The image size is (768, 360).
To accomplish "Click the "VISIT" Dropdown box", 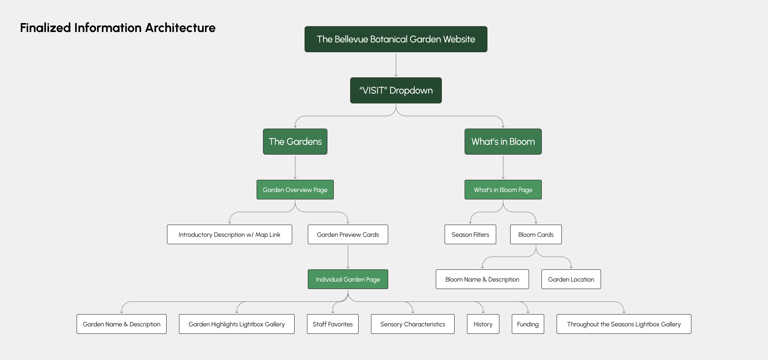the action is coord(396,90).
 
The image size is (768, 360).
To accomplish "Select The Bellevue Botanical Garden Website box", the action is coord(396,39).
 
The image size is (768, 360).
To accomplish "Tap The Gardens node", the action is coord(295,142).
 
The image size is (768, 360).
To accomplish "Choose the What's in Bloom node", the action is coord(503,142).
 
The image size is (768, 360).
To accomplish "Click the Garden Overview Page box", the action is coord(295,190).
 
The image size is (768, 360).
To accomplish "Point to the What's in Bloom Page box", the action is coord(503,190).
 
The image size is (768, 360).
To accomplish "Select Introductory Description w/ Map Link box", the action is coord(229,235).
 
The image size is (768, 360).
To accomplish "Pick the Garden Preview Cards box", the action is coord(348,235).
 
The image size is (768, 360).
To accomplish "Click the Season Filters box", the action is coord(470,235).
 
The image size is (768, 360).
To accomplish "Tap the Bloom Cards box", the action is coord(536,235).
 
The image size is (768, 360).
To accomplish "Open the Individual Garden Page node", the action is coord(348,279).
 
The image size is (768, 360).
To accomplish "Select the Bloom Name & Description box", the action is coord(482,279).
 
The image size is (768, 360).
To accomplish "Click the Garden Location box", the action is coord(571,279).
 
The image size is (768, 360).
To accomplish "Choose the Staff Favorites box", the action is coord(332,324).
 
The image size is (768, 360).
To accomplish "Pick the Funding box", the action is coord(528,324).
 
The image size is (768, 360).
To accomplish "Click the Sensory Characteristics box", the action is coord(413,324).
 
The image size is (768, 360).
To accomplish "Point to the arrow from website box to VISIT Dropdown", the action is coord(396,65).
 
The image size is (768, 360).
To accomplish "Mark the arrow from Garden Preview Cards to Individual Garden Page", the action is coord(348,257).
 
